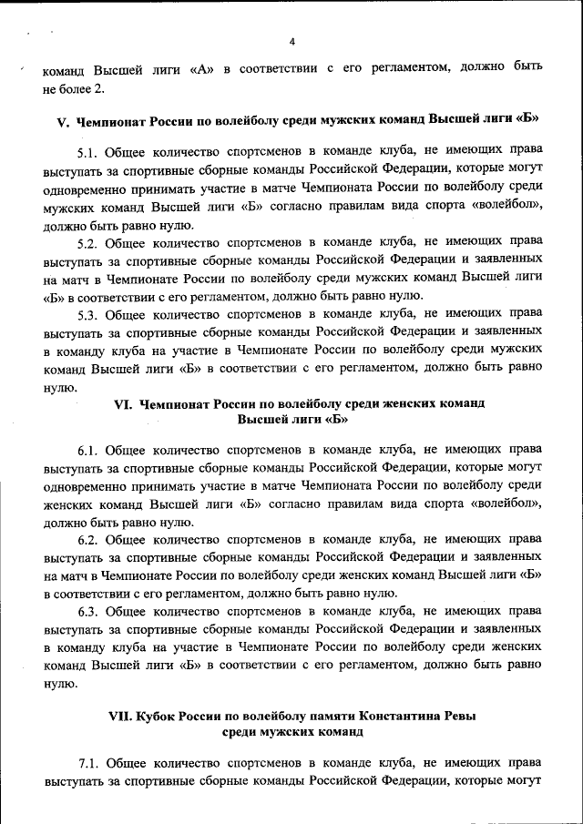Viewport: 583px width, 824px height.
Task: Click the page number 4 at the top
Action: point(292,42)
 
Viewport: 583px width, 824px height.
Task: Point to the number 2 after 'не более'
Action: point(101,86)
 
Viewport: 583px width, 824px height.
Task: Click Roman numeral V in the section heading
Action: point(63,120)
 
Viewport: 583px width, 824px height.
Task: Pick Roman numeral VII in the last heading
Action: point(121,717)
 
